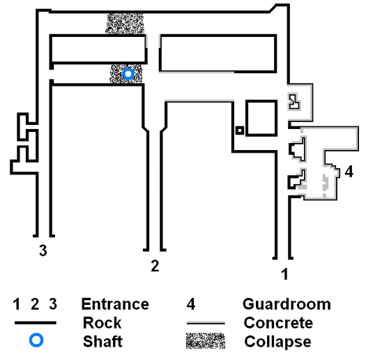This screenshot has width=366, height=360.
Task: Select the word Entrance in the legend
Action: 115,304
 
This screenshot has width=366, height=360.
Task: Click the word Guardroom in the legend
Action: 287,304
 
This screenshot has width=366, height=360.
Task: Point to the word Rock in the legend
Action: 102,323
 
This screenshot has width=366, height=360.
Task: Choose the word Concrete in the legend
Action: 278,323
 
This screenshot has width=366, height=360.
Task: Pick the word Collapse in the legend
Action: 277,342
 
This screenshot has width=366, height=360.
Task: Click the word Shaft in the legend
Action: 102,341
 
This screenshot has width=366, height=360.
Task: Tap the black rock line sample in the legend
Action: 36,323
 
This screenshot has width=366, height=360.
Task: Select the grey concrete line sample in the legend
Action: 206,323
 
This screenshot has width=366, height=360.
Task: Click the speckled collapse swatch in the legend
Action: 206,341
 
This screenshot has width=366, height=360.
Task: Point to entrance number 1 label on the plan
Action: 284,273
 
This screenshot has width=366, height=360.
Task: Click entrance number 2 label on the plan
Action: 155,266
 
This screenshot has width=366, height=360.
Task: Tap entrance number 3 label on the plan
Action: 43,250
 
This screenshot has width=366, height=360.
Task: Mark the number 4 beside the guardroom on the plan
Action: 349,172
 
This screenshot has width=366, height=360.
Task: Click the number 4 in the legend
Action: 191,304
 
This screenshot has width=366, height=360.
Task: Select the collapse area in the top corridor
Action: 125,23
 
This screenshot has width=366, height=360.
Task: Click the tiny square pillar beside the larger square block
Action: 240,130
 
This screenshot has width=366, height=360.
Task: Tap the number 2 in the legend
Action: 35,304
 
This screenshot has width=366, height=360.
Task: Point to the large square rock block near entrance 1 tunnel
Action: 261,118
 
